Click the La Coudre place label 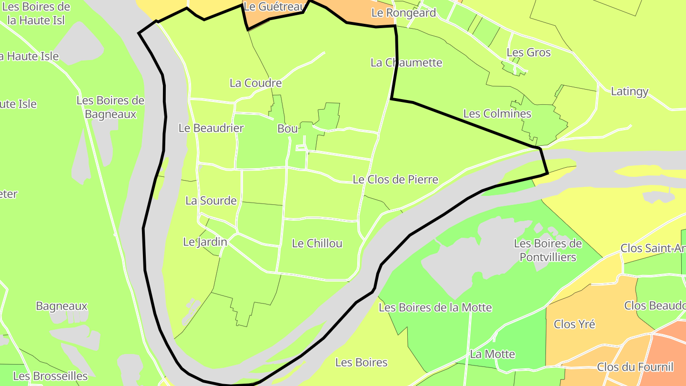[255, 83]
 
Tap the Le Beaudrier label [211, 128]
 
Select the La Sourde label [211, 201]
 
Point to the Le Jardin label [205, 242]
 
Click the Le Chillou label [317, 244]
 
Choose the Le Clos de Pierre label [395, 180]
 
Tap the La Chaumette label [406, 62]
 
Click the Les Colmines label [497, 114]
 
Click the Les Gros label [528, 52]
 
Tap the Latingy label [629, 91]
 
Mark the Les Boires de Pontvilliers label [547, 250]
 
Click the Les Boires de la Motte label [435, 308]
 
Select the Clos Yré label [574, 325]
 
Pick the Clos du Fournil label [635, 367]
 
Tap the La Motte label [492, 354]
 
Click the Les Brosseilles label [50, 376]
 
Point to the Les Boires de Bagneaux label [110, 107]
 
